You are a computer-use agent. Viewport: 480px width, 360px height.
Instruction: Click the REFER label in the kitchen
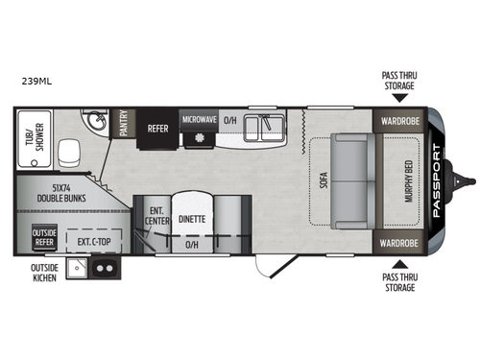(157, 127)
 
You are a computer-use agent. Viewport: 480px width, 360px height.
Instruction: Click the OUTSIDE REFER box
(44, 235)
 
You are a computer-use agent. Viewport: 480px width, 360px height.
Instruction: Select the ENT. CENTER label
(156, 217)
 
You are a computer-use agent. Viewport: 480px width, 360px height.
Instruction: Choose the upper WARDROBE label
(399, 122)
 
